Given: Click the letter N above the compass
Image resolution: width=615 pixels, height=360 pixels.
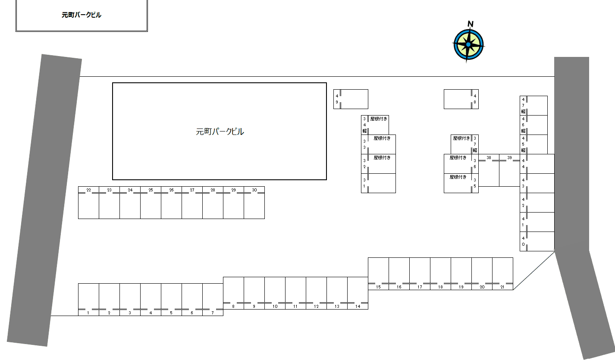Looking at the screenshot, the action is [471, 24].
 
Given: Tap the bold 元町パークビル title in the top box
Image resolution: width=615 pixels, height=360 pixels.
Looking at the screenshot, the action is [81, 15].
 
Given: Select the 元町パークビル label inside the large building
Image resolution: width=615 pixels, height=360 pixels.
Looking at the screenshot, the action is [220, 131].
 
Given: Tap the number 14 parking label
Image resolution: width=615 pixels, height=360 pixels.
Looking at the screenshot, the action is [358, 306].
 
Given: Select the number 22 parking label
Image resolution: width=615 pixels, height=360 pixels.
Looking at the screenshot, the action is [89, 190].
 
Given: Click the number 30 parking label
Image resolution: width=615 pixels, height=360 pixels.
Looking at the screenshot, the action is [254, 190].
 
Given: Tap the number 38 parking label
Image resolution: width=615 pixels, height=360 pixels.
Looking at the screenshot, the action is [489, 157].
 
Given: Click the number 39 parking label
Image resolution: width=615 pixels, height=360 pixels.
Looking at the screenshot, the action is [510, 157].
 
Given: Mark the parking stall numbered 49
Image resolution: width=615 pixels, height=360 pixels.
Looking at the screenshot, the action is [351, 99].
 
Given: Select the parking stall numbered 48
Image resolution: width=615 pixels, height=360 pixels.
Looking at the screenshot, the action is [461, 99].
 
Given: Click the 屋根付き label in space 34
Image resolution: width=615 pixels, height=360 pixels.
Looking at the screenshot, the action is [379, 119].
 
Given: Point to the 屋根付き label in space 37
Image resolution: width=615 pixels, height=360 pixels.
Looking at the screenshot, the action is [461, 138].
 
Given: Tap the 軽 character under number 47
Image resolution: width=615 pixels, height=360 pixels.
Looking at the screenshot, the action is [523, 112].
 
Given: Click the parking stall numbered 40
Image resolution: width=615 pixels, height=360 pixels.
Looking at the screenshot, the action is [537, 241].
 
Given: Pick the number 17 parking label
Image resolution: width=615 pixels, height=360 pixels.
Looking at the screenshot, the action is [420, 287].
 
